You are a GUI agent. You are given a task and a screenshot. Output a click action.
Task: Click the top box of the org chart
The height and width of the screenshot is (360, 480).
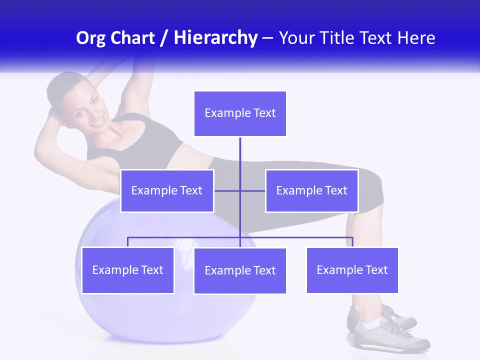[240, 113]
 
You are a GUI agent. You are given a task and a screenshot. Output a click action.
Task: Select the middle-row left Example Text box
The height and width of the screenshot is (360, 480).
[167, 190]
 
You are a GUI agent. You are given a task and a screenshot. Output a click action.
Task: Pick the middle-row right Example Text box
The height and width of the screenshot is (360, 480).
[311, 190]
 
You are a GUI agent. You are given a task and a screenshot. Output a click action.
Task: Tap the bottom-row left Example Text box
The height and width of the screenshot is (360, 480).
[127, 270]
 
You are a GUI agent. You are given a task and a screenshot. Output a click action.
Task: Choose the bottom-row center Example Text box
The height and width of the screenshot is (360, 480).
[240, 270]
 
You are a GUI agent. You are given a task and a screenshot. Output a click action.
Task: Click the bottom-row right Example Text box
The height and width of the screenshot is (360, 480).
[352, 270]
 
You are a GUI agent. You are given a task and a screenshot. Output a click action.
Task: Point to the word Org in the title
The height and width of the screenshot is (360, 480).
[90, 38]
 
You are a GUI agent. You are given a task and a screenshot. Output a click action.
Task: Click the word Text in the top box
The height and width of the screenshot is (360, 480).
[264, 113]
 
